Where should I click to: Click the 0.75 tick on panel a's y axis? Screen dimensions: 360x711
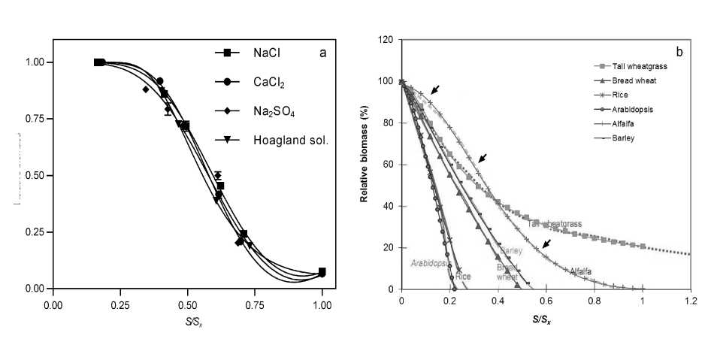(x=35, y=119)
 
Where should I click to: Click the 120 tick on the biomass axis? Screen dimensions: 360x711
(x=386, y=39)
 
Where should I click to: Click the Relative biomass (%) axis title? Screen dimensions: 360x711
(x=365, y=165)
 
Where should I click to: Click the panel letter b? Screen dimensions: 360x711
(x=679, y=52)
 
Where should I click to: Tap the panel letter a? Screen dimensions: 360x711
(x=322, y=53)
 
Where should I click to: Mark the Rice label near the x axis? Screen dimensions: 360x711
(x=463, y=277)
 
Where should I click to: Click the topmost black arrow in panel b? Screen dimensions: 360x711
(x=435, y=89)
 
